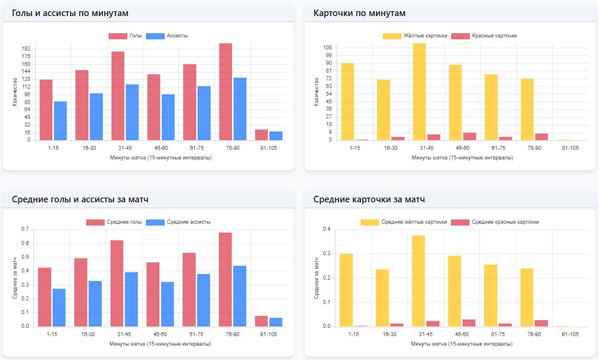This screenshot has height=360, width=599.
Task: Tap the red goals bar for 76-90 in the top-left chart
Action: (225, 92)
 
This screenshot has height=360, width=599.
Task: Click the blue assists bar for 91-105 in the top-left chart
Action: (275, 136)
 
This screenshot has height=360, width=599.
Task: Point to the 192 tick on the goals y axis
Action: (26, 49)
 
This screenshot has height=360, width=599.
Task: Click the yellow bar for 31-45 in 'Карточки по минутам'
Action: (419, 92)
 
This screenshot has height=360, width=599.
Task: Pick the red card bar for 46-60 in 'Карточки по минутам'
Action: (470, 137)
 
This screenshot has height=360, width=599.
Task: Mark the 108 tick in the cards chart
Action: (327, 46)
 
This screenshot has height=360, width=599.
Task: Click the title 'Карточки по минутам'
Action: (359, 13)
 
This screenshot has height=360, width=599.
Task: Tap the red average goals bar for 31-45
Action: (117, 283)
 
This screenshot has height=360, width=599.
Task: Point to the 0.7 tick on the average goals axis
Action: (25, 229)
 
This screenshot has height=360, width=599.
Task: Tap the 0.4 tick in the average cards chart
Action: (327, 229)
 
